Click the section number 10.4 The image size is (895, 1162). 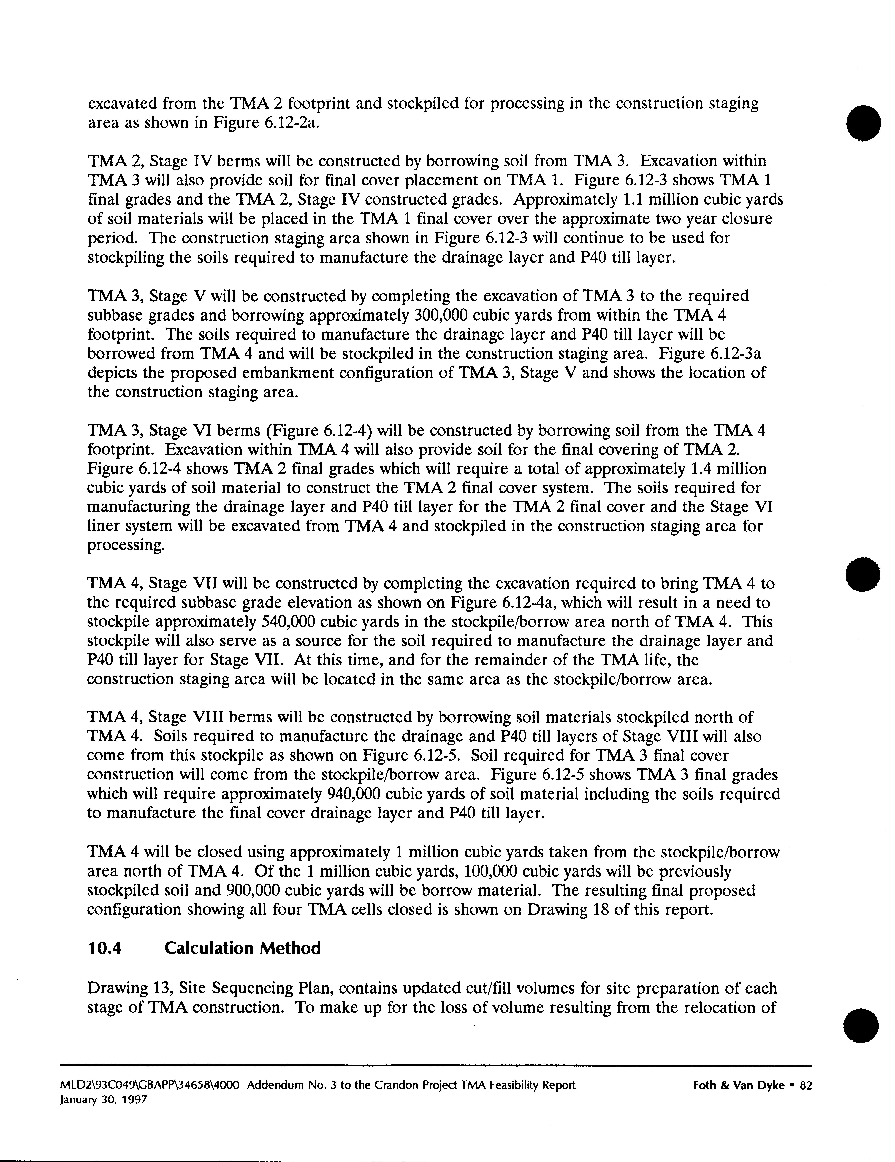point(105,948)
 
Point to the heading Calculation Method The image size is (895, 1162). point(243,948)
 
